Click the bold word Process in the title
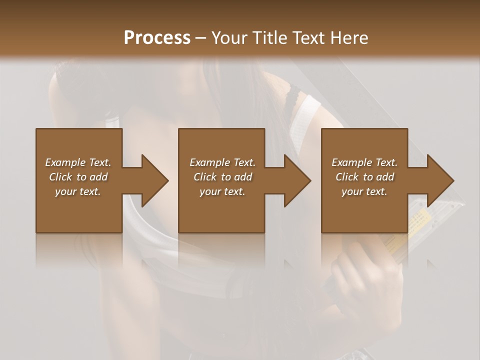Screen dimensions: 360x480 point(157,38)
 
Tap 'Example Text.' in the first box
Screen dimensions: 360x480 point(78,162)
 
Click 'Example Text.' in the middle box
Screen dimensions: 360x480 point(222,162)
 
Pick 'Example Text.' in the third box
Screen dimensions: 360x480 point(364,162)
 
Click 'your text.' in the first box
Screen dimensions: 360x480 point(78,191)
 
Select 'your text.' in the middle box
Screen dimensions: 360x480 point(222,191)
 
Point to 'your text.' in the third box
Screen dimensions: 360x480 point(364,191)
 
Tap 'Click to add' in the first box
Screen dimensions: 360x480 point(78,177)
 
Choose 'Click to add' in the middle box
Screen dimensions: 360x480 point(222,177)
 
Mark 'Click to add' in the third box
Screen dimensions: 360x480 point(364,177)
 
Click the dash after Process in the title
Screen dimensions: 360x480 point(201,38)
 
